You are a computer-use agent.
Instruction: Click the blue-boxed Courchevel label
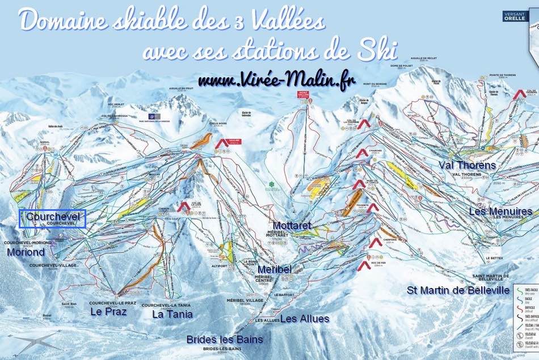pyautogui.click(x=52, y=218)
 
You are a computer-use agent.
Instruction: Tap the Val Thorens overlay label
pyautogui.click(x=467, y=166)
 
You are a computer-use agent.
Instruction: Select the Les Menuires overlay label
pyautogui.click(x=500, y=211)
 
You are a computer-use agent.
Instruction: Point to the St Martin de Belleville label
pyautogui.click(x=458, y=290)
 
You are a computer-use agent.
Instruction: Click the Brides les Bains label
pyautogui.click(x=225, y=340)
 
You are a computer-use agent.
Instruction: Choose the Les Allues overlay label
pyautogui.click(x=305, y=319)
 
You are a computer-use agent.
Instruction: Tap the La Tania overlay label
pyautogui.click(x=172, y=314)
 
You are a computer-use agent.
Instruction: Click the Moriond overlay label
pyautogui.click(x=25, y=252)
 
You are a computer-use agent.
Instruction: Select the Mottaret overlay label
pyautogui.click(x=292, y=226)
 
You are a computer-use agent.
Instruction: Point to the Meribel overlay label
pyautogui.click(x=275, y=269)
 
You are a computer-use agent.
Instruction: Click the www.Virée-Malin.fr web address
pyautogui.click(x=277, y=81)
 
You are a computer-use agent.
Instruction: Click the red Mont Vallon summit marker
pyautogui.click(x=305, y=94)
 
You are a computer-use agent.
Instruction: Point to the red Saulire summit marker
pyautogui.click(x=223, y=143)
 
